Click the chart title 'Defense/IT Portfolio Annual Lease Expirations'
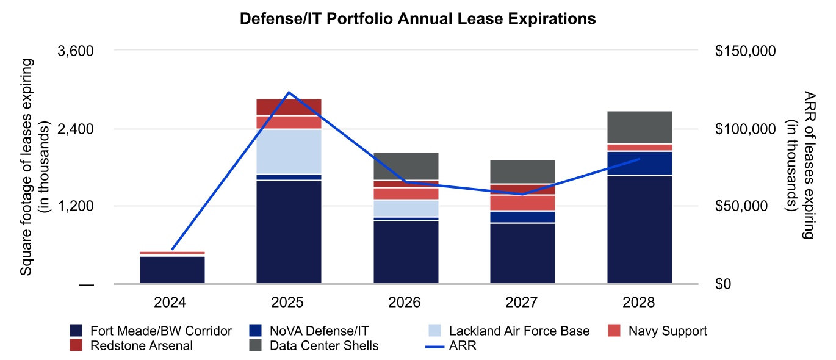pyautogui.click(x=417, y=20)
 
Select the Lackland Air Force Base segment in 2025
pyautogui.click(x=289, y=151)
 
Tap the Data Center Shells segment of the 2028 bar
pyautogui.click(x=640, y=127)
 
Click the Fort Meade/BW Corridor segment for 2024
pyautogui.click(x=172, y=270)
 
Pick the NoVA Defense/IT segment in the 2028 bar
pyautogui.click(x=640, y=163)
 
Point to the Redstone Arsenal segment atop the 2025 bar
pyautogui.click(x=289, y=107)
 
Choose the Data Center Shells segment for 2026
pyautogui.click(x=406, y=166)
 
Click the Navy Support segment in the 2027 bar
pyautogui.click(x=522, y=203)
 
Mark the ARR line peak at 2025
pyautogui.click(x=289, y=92)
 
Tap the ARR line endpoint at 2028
pyautogui.click(x=639, y=159)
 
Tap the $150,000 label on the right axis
pyautogui.click(x=744, y=51)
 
